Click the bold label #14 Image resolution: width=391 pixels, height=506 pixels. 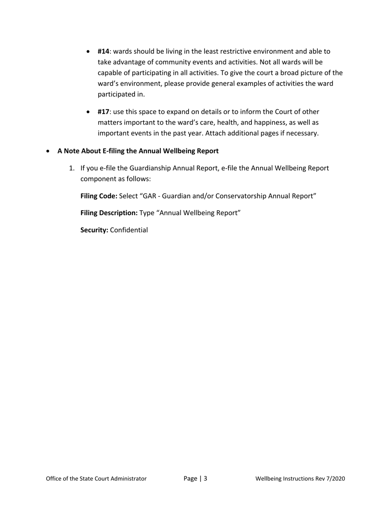click(103, 51)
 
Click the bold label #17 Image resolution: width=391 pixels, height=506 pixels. click(103, 111)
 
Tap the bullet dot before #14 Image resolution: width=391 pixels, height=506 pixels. click(89, 52)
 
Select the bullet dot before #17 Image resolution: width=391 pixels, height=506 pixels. click(89, 112)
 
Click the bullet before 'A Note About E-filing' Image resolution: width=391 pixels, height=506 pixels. click(49, 151)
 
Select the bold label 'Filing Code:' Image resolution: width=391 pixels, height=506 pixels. click(99, 196)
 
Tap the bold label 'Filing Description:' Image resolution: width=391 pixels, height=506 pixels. click(109, 213)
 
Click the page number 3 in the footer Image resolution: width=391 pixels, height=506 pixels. click(205, 478)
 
